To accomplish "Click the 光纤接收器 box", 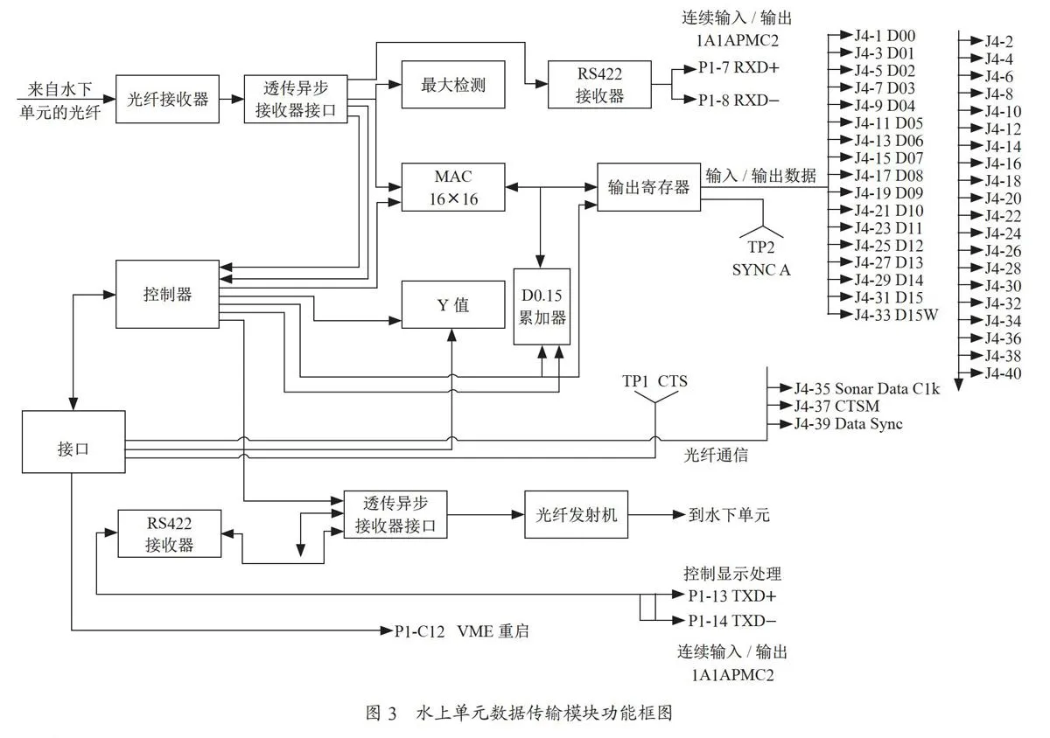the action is pos(167,99).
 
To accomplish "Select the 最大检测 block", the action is pos(453,84).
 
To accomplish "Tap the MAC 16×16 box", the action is pos(453,187).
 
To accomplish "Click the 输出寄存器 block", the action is pos(648,187).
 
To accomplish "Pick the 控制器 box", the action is pos(167,295).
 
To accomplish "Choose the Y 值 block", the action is pos(453,304).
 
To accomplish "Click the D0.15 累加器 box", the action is pos(542,307).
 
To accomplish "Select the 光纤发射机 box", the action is pos(576,514).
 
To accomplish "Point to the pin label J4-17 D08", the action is pos(889,176).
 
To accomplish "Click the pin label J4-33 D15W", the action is pos(896,315).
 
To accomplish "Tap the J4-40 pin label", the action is pos(1003,373).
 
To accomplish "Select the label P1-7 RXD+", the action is pos(738,68).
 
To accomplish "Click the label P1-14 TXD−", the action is pos(732,621).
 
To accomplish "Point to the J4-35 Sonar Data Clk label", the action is pos(867,388).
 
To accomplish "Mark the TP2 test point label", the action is pos(760,247).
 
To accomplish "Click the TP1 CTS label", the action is pos(654,381).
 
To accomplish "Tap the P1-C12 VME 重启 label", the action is pos(462,631).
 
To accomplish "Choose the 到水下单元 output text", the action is pos(730,515).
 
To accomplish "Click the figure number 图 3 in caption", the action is pos(381,713).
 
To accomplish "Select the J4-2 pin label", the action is pos(999,42).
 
